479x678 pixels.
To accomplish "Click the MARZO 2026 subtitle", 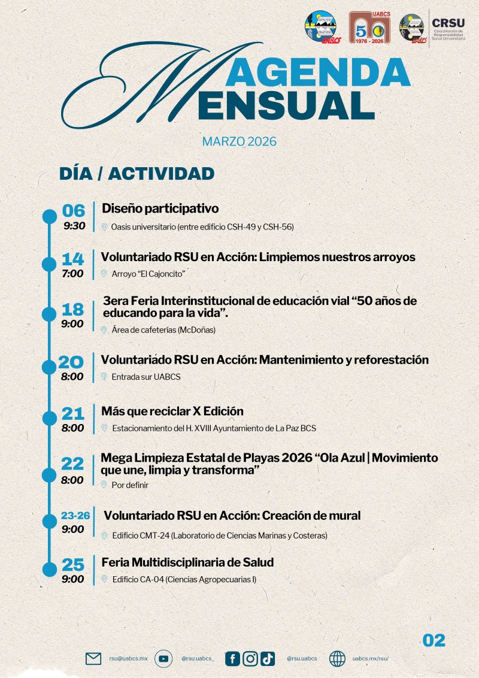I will point(239,142).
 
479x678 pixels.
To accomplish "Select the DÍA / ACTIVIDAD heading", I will point(137,174).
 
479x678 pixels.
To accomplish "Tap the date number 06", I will point(74,211).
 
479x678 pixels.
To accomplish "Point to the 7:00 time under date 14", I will point(73,274).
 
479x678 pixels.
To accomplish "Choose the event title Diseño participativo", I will point(160,208).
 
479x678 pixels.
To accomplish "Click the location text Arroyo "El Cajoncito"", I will point(148,274).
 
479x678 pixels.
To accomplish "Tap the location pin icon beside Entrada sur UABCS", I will point(104,377).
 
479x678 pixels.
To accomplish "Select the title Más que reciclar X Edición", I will point(172,411).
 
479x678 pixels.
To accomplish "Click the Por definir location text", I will point(129,485).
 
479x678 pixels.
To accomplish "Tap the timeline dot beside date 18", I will point(48,314).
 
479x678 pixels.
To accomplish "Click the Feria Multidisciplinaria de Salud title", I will point(187,563).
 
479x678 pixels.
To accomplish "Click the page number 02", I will point(434,640).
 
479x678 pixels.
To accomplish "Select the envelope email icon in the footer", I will point(93,659).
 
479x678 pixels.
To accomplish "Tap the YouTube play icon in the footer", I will point(163,659).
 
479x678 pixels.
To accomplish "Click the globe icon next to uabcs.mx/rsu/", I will point(337,659).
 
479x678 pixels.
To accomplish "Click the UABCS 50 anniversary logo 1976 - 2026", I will point(369,28).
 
